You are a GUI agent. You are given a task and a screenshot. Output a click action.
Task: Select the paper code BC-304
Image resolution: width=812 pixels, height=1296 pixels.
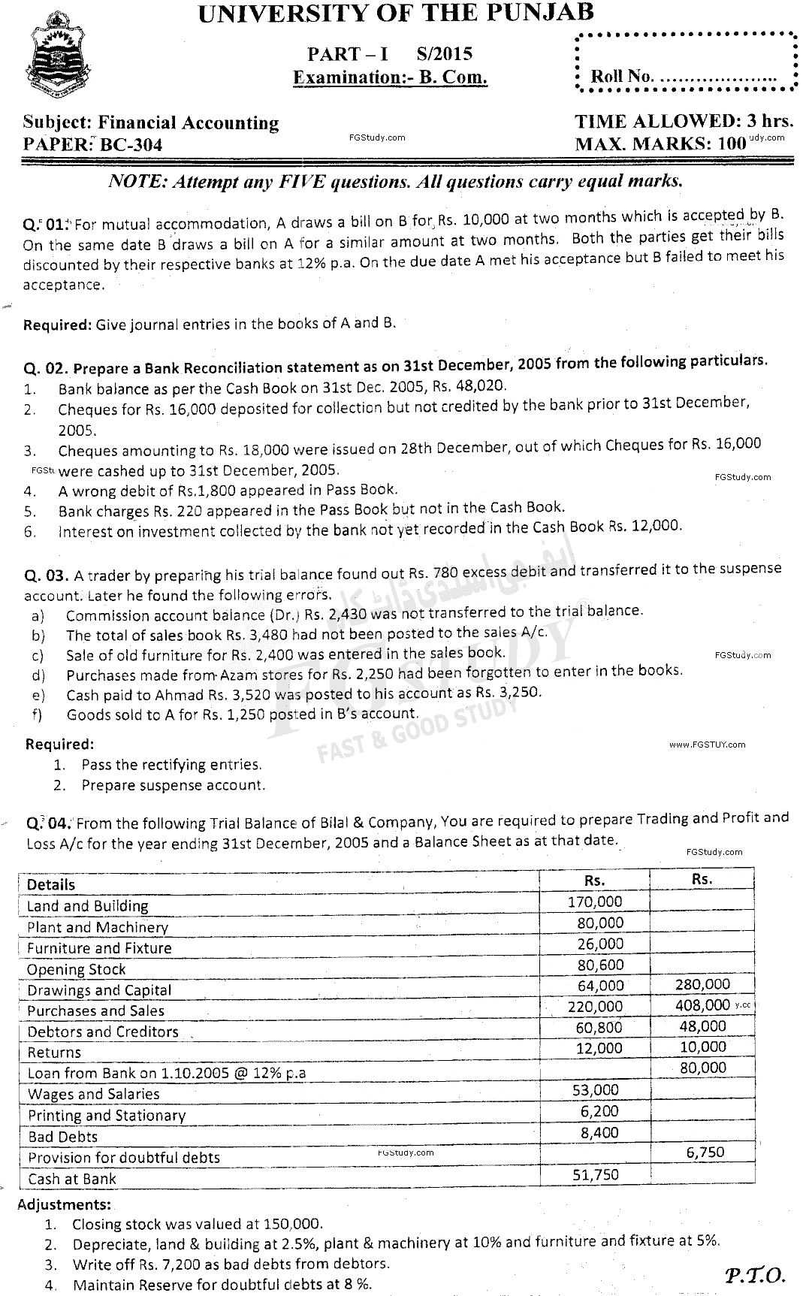[133, 145]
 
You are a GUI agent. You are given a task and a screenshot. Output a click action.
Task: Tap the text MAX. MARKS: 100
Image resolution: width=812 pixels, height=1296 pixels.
[660, 143]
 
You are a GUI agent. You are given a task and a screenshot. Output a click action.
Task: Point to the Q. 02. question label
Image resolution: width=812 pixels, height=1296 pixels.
[47, 369]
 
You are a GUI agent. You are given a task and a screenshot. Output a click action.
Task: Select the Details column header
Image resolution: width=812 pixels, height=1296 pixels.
[51, 885]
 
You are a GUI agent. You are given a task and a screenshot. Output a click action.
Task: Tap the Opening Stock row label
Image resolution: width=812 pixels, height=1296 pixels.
[77, 970]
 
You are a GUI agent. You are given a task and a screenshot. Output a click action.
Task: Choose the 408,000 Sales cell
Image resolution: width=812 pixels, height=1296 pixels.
[702, 1005]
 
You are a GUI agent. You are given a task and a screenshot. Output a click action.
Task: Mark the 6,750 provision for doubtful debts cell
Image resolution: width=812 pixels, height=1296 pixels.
[705, 1152]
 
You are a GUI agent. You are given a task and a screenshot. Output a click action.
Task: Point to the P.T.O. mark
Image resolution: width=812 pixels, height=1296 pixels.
[755, 1274]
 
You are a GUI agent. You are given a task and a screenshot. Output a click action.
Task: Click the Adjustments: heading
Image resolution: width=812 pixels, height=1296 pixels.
[64, 1204]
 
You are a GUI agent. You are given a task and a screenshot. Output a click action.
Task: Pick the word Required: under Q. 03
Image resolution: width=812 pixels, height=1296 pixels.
[60, 745]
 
